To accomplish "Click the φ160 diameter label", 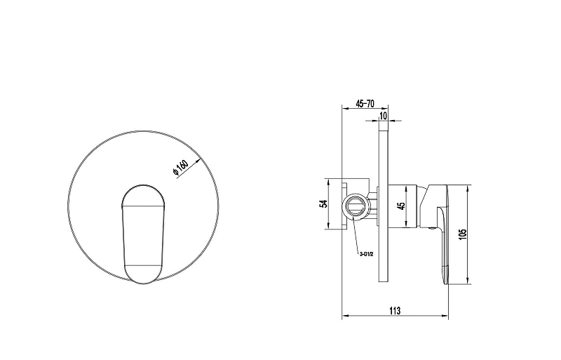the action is point(180,167).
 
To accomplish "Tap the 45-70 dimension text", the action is point(365,104).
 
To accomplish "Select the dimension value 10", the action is point(383,116).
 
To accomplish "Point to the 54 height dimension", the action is point(323,204).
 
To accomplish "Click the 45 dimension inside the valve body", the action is point(401,206).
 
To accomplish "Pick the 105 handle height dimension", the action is point(463,234).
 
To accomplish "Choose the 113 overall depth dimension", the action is point(395,311).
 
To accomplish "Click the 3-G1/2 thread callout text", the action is point(366,254).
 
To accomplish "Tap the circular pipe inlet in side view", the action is point(354,207).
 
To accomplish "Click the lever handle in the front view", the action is point(143,234).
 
